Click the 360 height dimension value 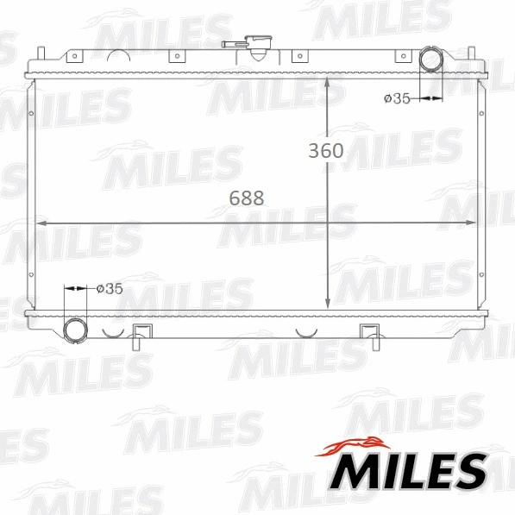pyautogui.click(x=326, y=150)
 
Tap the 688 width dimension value pyautogui.click(x=247, y=198)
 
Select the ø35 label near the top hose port pyautogui.click(x=396, y=99)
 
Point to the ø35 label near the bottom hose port pyautogui.click(x=109, y=289)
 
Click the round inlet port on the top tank pyautogui.click(x=430, y=60)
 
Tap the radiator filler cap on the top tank pyautogui.click(x=257, y=45)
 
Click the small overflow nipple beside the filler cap pyautogui.click(x=230, y=42)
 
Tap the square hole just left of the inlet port pyautogui.click(x=400, y=58)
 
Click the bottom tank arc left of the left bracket pyautogui.click(x=112, y=330)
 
